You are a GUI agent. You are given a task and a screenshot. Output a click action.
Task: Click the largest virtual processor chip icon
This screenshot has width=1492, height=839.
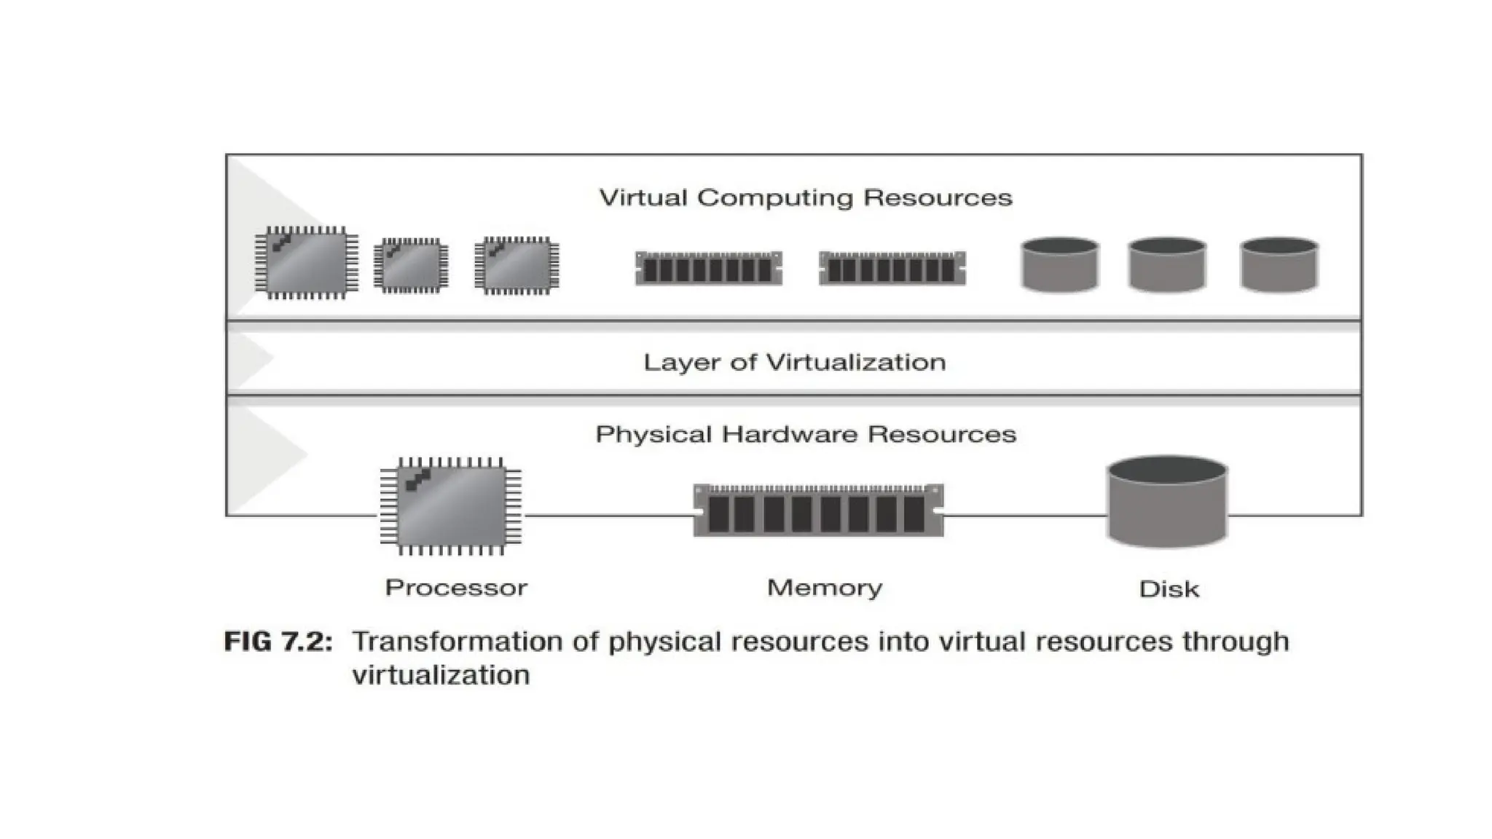[306, 263]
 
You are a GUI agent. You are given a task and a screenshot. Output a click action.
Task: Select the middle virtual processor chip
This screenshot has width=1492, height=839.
[411, 266]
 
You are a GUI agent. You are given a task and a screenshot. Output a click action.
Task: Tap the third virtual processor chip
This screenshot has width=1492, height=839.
[517, 265]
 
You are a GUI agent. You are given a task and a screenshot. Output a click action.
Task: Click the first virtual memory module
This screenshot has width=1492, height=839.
[709, 269]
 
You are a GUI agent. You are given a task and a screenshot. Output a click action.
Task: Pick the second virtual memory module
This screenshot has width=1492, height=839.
[892, 269]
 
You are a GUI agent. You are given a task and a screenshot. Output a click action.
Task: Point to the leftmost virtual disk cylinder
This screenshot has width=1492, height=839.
[1059, 264]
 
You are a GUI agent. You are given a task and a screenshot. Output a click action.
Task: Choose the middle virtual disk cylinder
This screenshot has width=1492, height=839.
[1166, 264]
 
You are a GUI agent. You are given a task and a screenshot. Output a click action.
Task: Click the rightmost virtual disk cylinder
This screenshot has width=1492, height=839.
[1279, 264]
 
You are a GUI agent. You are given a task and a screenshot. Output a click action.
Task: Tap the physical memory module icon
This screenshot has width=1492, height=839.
[818, 511]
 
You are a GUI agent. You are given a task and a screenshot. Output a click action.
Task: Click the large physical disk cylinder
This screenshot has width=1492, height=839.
[1167, 502]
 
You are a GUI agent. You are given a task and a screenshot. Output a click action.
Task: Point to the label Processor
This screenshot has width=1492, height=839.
[456, 588]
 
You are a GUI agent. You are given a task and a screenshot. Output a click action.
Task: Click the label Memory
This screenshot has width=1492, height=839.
[825, 588]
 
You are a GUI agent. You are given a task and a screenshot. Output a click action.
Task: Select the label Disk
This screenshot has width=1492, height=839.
[1169, 589]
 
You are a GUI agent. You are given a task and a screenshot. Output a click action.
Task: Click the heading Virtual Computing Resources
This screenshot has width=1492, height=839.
[806, 198]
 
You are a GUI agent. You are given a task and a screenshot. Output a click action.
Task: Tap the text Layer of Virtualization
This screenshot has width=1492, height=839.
[795, 363]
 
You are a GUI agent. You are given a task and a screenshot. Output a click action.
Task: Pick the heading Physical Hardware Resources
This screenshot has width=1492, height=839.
[806, 435]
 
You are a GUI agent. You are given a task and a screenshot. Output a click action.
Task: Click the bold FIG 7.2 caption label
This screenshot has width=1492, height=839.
[278, 642]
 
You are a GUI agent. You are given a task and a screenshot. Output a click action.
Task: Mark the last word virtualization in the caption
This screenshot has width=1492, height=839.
[441, 675]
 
